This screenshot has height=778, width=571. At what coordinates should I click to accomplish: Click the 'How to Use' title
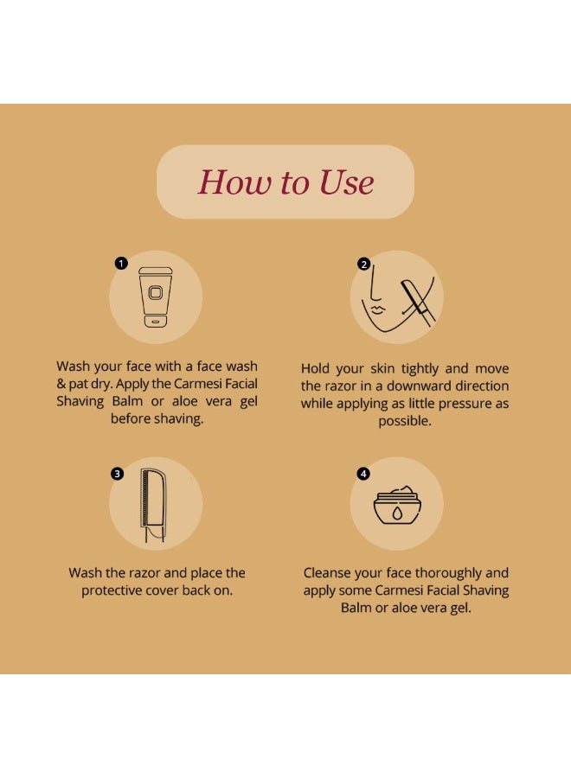click(285, 182)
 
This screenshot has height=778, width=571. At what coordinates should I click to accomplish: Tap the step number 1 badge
click(121, 263)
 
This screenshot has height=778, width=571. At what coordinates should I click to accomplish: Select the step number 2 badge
click(364, 264)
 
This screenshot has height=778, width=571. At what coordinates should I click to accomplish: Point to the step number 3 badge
click(117, 474)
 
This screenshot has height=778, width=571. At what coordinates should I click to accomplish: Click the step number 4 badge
click(363, 474)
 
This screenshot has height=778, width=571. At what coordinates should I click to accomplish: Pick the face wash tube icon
click(156, 297)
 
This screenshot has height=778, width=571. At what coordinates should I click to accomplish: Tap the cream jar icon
click(397, 506)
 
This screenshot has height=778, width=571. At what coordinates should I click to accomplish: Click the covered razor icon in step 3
click(153, 505)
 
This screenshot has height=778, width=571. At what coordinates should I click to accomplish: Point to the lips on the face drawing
click(377, 309)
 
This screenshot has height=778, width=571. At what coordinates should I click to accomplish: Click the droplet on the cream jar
click(397, 513)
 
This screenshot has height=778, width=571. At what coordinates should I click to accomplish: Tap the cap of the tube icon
click(156, 271)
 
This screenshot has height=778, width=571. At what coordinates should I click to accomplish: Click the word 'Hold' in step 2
click(315, 368)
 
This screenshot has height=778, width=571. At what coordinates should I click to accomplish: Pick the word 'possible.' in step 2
click(405, 421)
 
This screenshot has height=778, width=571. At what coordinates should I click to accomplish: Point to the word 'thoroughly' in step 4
click(448, 574)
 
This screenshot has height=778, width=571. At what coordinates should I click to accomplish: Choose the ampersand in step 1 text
click(61, 384)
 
